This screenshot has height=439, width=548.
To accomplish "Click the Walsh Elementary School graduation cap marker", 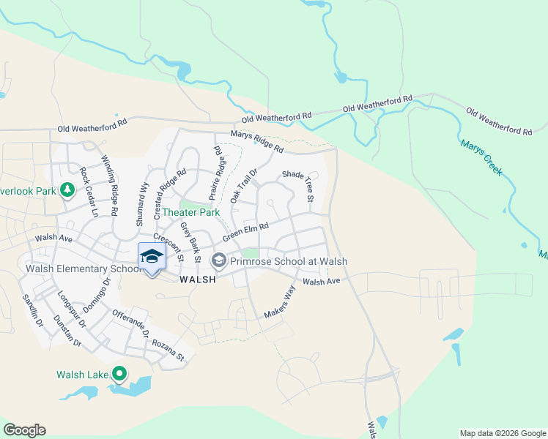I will click(152, 256).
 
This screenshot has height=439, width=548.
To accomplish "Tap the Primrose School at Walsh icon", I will click(218, 260).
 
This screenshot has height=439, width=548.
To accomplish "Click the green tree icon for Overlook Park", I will click(67, 190).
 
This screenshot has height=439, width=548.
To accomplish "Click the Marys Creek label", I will click(481, 157).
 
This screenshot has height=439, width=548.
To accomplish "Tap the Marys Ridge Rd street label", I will click(256, 141).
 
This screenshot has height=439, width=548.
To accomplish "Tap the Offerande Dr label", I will click(130, 324).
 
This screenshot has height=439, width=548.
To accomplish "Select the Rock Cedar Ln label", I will click(89, 186).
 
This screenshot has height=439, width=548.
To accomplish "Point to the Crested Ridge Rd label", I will click(170, 194).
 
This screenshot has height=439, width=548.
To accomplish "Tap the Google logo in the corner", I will click(24, 430).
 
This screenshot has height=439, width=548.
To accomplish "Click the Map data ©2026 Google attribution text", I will click(503, 433).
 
